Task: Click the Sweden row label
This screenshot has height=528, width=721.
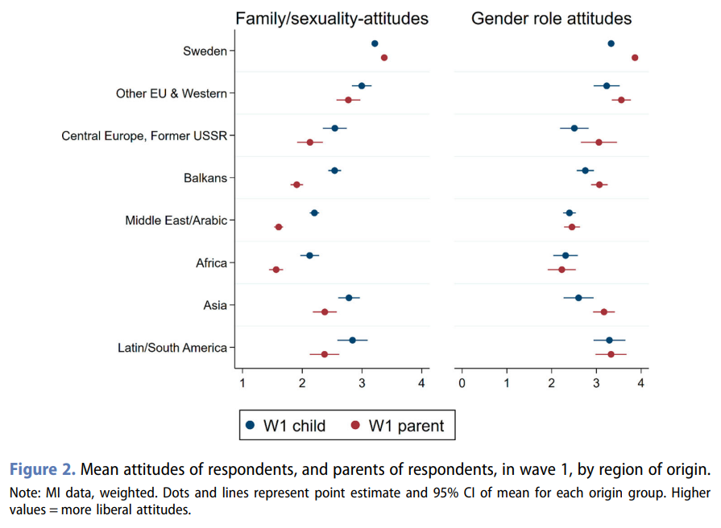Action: (205, 51)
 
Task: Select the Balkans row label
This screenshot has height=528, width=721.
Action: (205, 178)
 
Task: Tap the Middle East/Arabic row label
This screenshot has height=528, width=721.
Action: (176, 221)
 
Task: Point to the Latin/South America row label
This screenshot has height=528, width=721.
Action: (172, 348)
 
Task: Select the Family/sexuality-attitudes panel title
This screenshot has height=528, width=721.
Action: (331, 18)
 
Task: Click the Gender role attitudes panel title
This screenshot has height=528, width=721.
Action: (551, 18)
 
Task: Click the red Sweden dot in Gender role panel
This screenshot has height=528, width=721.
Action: (635, 58)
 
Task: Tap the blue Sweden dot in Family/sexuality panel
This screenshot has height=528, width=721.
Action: (375, 43)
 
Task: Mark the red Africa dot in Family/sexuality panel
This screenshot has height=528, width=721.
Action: (276, 270)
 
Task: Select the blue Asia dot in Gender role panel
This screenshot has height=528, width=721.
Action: (578, 298)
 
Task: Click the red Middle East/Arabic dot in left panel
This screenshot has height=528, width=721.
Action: (279, 227)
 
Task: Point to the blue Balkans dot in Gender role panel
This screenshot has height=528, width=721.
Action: (585, 171)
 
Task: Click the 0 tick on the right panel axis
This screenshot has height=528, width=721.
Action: (462, 383)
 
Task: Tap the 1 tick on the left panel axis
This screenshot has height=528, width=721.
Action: (242, 383)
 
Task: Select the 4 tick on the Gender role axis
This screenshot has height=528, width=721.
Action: (641, 383)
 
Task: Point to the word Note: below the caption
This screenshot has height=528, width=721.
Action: (25, 492)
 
